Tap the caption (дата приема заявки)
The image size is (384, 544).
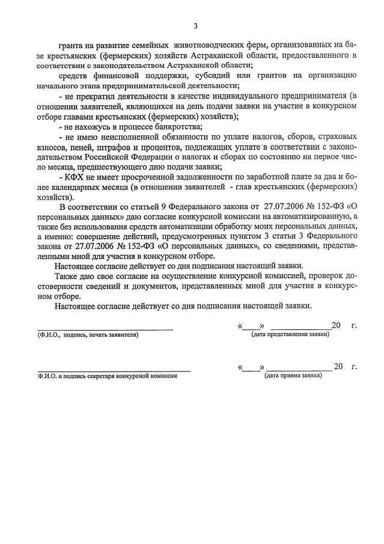click(293, 375)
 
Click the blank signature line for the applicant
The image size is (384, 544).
click(105, 328)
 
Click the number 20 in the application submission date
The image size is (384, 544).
click(336, 325)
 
